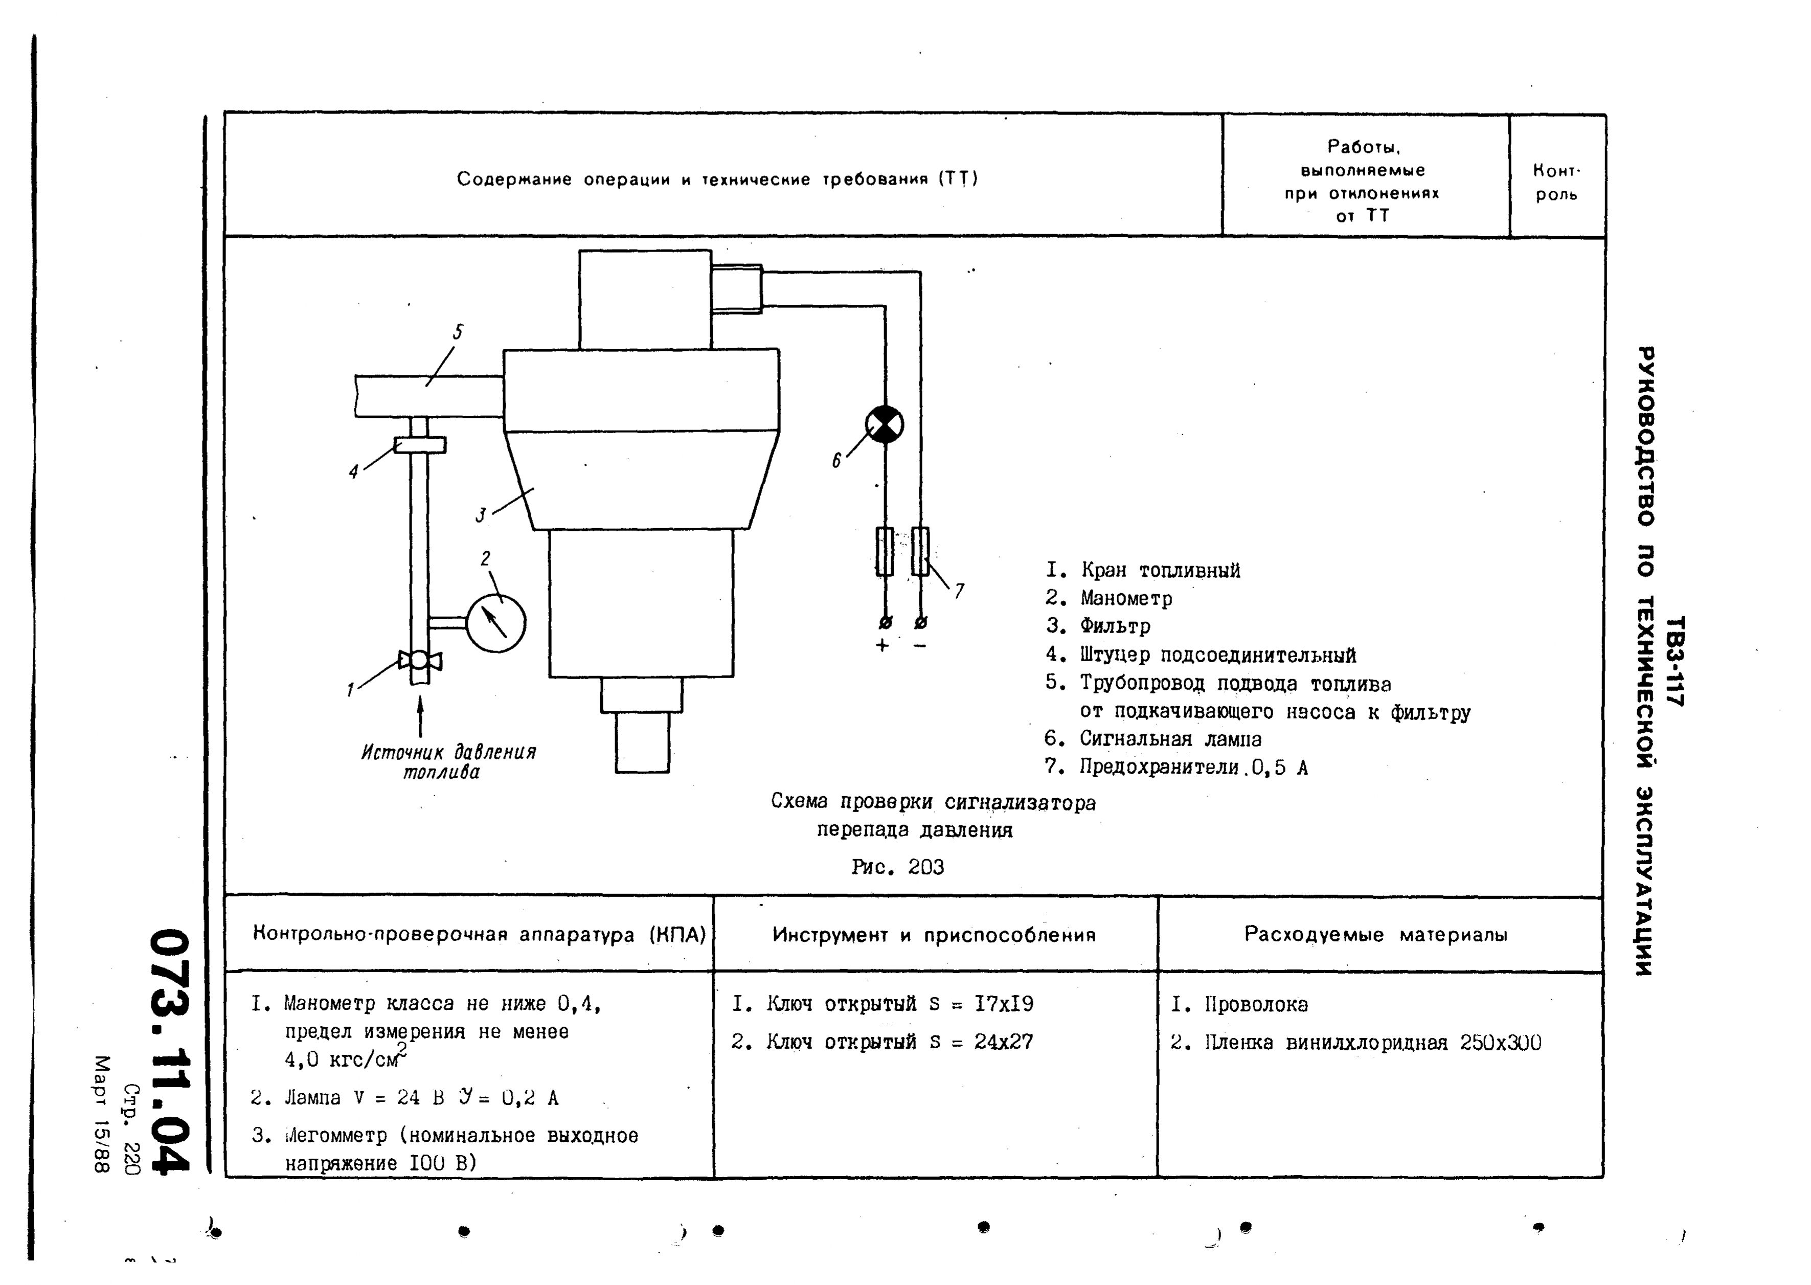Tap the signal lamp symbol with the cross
[x=885, y=424]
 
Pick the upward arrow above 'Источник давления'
[x=420, y=715]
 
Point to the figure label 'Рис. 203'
[x=897, y=867]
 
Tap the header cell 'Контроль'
[x=1556, y=183]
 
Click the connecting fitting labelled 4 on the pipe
[x=419, y=445]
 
